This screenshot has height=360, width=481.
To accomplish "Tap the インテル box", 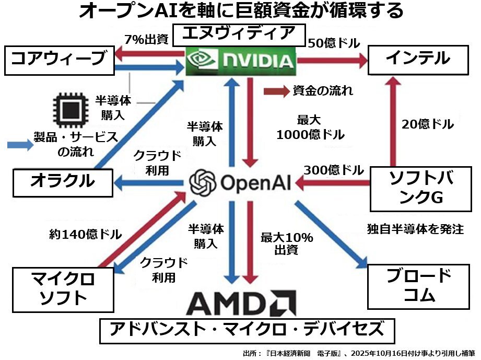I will [418, 59].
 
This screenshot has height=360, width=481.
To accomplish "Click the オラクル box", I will [63, 181].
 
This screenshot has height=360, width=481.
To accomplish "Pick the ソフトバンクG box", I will [418, 188].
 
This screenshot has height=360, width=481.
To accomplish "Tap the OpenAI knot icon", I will [203, 182].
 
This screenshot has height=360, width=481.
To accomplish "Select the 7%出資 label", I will [146, 39].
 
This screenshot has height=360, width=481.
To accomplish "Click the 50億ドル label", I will [334, 43].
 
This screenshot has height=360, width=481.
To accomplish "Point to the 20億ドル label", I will [428, 124].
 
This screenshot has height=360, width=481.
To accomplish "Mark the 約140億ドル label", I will [86, 234].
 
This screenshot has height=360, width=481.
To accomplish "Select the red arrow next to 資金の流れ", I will [276, 91].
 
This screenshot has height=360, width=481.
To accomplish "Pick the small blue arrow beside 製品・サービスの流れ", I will [20, 145].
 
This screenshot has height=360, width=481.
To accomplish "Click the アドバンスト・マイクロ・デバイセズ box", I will [247, 330].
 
